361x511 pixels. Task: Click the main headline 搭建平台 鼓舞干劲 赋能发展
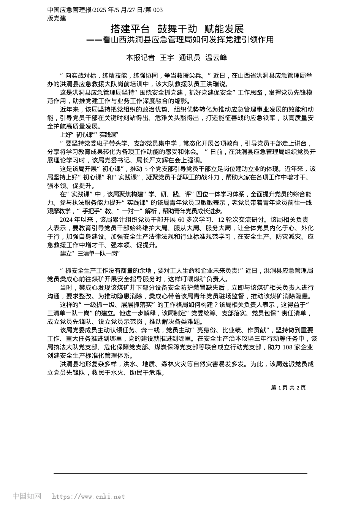point(177,29)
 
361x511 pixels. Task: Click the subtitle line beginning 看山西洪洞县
point(180,40)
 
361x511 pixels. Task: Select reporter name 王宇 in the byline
point(167,58)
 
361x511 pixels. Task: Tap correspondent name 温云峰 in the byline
point(216,58)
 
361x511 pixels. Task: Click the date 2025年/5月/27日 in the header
point(121,10)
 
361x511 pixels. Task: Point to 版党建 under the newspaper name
point(57,18)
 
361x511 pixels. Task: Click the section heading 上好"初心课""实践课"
point(89,135)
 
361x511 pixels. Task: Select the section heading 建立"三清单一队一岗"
point(90,253)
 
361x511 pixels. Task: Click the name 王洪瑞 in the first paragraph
point(207,84)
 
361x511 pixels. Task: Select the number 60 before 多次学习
point(181,220)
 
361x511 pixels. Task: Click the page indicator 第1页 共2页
point(288,387)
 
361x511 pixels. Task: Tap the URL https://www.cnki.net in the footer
point(88,497)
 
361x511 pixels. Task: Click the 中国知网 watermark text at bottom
point(27,496)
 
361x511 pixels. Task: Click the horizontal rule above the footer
point(180,473)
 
